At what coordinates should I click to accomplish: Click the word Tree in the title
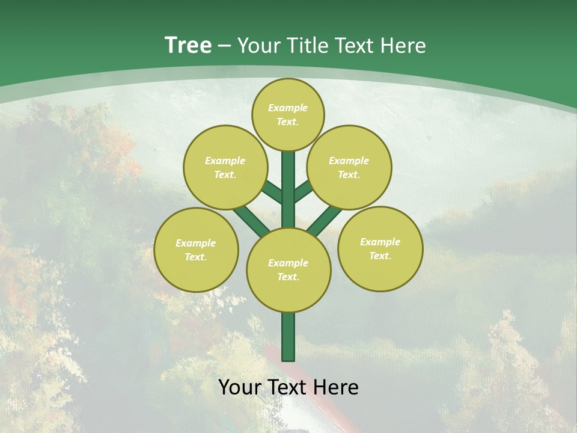tap(188, 45)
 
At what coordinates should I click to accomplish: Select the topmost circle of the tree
tap(288, 114)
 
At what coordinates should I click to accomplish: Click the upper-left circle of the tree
tap(225, 167)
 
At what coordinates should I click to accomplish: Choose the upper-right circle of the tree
tap(349, 167)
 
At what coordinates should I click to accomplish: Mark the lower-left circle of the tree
tap(196, 250)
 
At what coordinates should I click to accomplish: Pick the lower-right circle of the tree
tap(380, 248)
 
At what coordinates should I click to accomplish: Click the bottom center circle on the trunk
tap(288, 270)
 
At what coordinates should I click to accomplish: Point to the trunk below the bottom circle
tap(288, 337)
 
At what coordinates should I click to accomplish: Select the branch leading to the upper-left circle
tap(272, 192)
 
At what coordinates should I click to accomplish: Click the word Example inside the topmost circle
tap(288, 108)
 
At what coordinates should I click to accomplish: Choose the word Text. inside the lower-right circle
tap(380, 256)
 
